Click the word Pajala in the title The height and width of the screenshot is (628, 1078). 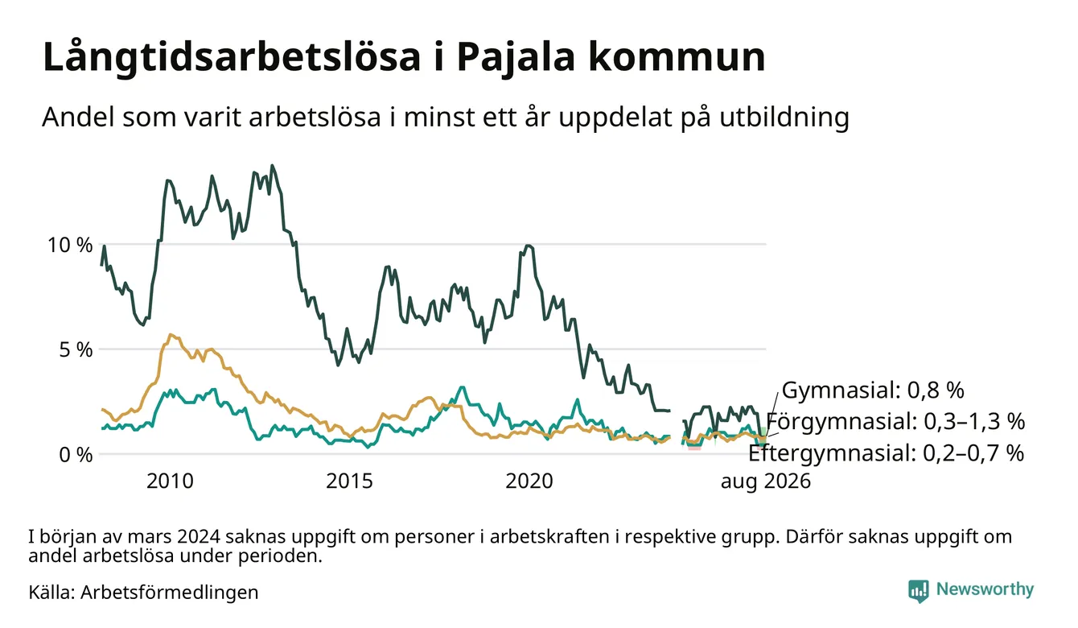516,57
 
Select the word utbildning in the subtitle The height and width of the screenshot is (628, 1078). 784,118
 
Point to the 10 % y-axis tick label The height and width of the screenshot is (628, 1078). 70,245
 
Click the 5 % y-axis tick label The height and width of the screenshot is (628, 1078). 76,349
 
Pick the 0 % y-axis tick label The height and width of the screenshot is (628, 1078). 76,455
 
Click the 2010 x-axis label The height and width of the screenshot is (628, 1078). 170,481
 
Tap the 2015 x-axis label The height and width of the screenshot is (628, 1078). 349,481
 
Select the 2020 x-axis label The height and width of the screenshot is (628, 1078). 529,481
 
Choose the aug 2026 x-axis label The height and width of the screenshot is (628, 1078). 766,481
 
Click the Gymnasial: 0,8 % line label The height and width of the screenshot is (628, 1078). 873,390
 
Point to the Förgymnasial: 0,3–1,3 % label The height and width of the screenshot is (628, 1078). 895,421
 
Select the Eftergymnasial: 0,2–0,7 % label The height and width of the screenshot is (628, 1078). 886,453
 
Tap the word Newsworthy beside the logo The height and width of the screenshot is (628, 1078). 985,589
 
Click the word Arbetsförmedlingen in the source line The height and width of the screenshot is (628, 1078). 170,593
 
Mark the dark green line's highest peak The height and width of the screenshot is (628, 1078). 273,166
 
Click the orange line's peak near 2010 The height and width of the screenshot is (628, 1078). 171,335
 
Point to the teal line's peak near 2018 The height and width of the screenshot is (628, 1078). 462,387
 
